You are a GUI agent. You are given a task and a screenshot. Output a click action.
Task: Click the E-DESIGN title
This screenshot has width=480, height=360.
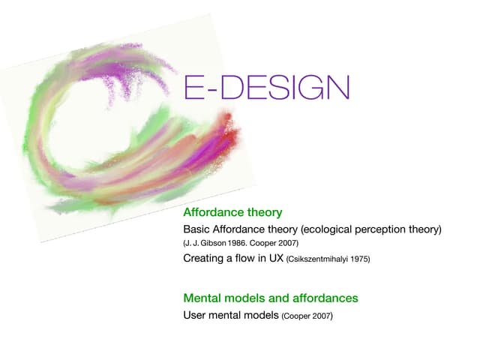[267, 87]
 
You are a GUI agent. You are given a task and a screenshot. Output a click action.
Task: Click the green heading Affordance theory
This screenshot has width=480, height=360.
[232, 212]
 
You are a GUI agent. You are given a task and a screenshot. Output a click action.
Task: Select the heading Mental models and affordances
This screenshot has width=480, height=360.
[271, 298]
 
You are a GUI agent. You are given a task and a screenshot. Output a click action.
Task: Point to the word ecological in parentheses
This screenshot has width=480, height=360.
[326, 229]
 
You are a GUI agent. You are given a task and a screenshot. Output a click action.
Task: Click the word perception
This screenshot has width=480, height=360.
[380, 229]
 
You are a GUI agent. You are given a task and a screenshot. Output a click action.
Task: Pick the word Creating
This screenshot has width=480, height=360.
[203, 258]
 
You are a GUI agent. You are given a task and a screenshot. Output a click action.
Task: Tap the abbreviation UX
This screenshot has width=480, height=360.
[276, 258]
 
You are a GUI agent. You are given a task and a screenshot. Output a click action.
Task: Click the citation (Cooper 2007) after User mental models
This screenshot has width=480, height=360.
[307, 316]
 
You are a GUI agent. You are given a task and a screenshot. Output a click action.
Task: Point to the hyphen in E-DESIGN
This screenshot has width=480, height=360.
[211, 90]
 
